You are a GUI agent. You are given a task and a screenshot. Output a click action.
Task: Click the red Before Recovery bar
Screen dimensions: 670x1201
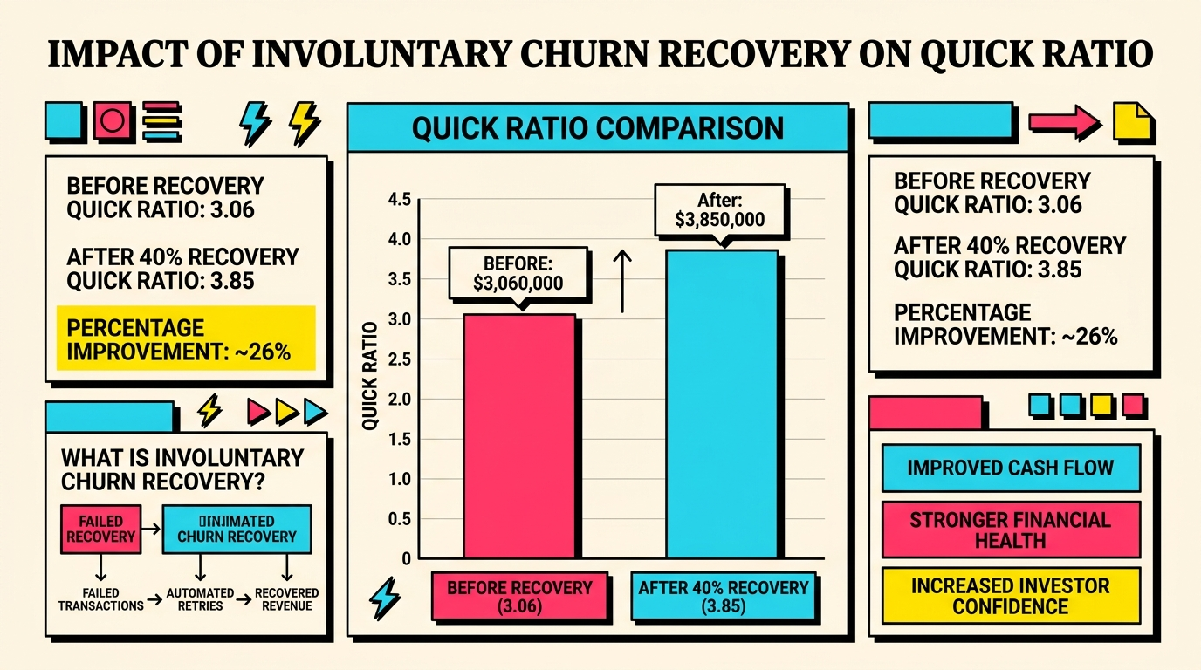[x=518, y=436]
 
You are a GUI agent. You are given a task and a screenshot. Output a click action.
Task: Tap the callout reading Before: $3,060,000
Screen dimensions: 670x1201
[x=518, y=273]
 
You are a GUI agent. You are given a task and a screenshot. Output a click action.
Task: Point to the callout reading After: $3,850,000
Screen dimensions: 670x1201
[x=720, y=209]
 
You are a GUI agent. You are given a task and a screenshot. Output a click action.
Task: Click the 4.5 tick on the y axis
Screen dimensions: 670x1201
[x=399, y=200]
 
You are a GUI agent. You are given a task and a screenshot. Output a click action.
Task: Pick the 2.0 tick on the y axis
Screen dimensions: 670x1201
[x=399, y=400]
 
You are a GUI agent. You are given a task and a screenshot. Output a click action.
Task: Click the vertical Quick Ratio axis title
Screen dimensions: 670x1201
[x=370, y=375]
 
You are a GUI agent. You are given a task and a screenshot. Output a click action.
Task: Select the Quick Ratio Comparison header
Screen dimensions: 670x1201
[x=597, y=127]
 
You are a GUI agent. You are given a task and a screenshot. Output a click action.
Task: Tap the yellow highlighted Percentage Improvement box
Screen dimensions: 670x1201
[x=185, y=340]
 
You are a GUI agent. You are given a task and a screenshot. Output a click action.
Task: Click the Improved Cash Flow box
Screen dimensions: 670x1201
[x=1010, y=468]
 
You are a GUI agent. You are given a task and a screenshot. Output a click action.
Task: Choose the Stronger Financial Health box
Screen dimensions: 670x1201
[x=1010, y=530]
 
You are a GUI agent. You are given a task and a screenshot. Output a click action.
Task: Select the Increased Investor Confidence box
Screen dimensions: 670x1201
[x=1010, y=596]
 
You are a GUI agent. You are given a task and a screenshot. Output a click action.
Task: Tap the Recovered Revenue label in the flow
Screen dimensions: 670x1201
[x=287, y=599]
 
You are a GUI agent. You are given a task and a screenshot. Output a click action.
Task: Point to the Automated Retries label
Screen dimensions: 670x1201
[x=201, y=599]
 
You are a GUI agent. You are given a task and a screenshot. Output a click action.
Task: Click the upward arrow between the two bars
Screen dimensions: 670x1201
[x=622, y=280]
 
